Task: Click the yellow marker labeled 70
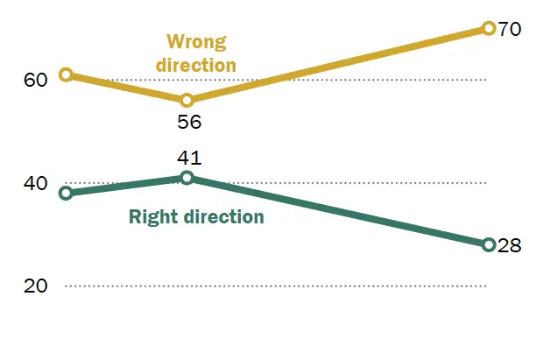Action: point(489,28)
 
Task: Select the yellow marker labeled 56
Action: point(187,100)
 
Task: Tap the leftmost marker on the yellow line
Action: point(65,74)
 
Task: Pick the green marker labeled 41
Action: point(187,178)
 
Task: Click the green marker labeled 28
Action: point(489,244)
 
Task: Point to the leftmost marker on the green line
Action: point(65,193)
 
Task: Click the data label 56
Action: point(188,123)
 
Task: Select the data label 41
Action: point(188,158)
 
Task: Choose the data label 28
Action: point(510,245)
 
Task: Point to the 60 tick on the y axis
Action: point(35,81)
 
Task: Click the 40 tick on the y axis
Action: point(35,184)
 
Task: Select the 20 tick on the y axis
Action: point(35,286)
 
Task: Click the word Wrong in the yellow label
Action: point(196,42)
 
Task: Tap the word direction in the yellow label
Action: point(198,65)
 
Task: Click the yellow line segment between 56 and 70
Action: point(337,64)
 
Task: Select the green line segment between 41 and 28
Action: point(337,211)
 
